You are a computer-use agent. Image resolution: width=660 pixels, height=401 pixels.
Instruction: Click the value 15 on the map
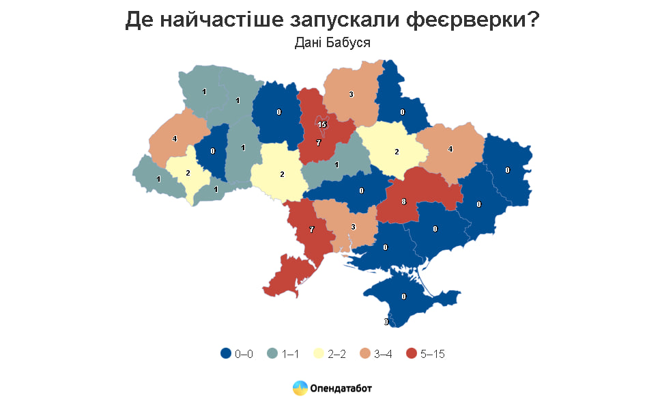click(x=322, y=124)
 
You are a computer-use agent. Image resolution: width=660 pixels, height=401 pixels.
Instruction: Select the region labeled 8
click(x=404, y=202)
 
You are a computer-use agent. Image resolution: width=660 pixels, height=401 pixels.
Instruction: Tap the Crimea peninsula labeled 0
click(x=404, y=296)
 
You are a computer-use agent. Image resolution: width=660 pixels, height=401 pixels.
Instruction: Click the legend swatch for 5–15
click(x=412, y=353)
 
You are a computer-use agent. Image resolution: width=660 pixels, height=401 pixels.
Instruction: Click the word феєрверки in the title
click(x=468, y=20)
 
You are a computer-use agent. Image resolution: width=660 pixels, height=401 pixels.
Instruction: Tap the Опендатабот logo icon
click(x=300, y=388)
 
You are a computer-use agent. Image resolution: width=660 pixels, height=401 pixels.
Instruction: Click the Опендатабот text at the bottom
click(x=341, y=388)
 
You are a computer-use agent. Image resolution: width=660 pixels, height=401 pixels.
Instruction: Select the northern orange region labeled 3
click(x=351, y=94)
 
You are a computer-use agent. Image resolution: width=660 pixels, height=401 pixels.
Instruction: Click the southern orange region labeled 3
click(x=353, y=226)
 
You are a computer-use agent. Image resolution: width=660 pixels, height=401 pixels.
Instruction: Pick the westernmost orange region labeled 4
click(x=175, y=139)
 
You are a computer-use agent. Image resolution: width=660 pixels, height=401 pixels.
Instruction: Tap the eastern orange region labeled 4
click(x=450, y=148)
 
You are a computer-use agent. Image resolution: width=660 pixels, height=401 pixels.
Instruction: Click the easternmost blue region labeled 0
click(x=508, y=170)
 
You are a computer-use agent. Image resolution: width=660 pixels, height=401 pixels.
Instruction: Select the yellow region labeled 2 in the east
click(x=397, y=151)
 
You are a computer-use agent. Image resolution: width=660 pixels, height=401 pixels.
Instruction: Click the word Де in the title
click(x=140, y=20)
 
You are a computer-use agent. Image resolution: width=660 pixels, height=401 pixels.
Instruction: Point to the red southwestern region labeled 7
click(x=312, y=230)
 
